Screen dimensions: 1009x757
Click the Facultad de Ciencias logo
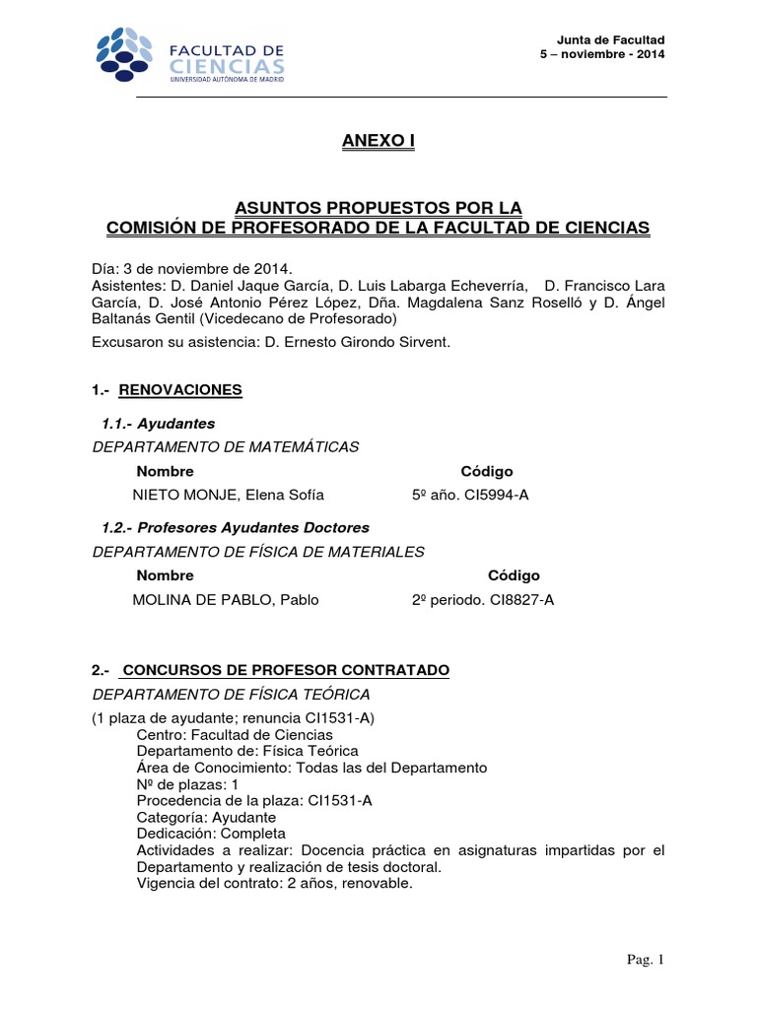coord(189,56)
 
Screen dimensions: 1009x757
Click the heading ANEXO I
coord(378,142)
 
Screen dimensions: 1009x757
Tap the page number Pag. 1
coord(648,960)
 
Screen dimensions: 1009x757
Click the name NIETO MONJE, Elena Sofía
coord(228,495)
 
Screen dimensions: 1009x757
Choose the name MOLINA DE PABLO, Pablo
coord(226,599)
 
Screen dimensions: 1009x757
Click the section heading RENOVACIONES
coord(180,390)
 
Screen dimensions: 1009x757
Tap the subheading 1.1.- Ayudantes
coord(159,424)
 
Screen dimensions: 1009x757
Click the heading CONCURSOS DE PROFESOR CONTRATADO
coord(285,670)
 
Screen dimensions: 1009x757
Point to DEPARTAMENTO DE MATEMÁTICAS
coord(226,447)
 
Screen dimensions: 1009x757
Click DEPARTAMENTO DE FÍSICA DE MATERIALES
coord(258,552)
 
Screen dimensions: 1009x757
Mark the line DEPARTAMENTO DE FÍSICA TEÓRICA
coord(231,694)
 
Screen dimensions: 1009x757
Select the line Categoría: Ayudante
coord(206,817)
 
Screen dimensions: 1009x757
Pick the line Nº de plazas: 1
coord(187,784)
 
